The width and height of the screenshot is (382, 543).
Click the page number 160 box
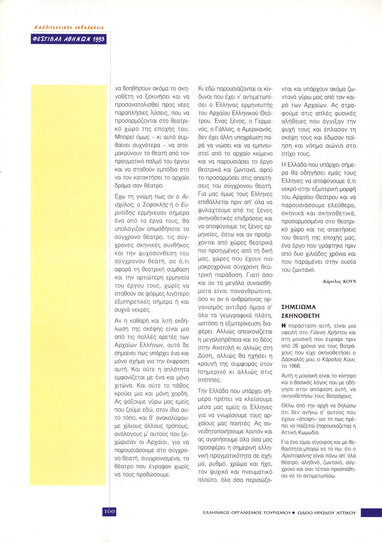[109, 511]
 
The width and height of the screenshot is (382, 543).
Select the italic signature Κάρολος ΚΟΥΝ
[340, 281]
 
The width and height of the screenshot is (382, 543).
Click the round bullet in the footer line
[293, 513]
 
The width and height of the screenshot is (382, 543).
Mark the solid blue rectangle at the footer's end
[371, 512]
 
